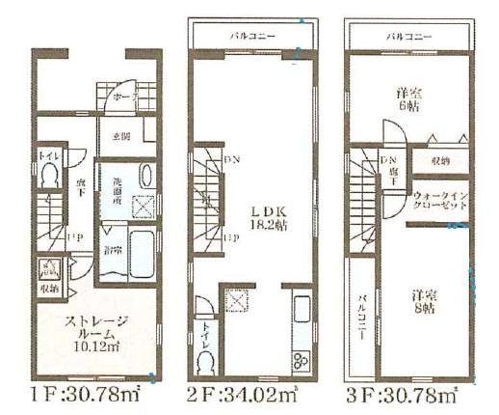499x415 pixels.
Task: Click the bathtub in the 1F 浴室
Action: click(x=141, y=254)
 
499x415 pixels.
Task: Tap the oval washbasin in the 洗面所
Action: click(x=144, y=178)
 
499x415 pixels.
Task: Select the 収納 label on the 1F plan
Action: click(x=48, y=287)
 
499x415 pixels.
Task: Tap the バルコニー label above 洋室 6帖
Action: click(x=407, y=36)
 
